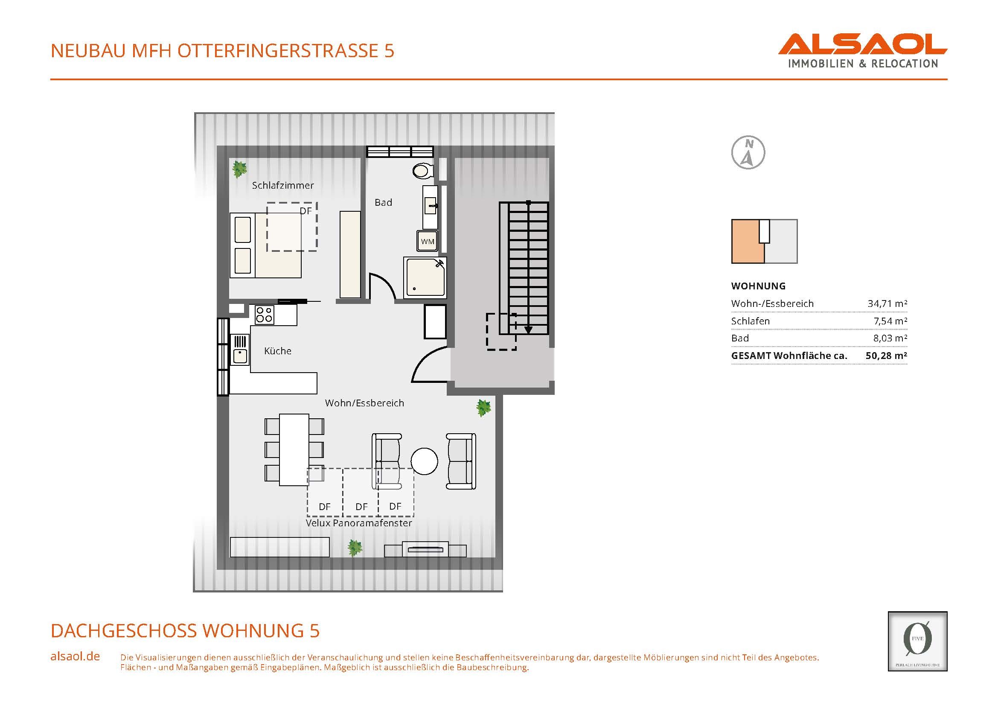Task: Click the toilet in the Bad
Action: point(422,170)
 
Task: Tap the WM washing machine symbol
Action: point(427,241)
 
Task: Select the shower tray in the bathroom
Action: point(425,277)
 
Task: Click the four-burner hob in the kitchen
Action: point(264,315)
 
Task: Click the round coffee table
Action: point(424,461)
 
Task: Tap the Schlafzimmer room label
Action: point(283,185)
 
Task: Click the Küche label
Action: point(278,351)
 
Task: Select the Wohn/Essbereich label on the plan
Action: point(365,403)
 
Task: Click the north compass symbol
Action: point(748,152)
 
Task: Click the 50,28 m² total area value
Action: point(886,355)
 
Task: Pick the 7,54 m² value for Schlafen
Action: point(890,321)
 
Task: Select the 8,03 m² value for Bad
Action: point(890,338)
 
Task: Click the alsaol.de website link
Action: point(75,656)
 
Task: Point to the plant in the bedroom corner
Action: point(239,169)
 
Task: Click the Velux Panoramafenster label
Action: point(359,523)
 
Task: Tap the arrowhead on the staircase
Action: point(528,330)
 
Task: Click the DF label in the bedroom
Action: point(306,211)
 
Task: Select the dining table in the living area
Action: point(294,449)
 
